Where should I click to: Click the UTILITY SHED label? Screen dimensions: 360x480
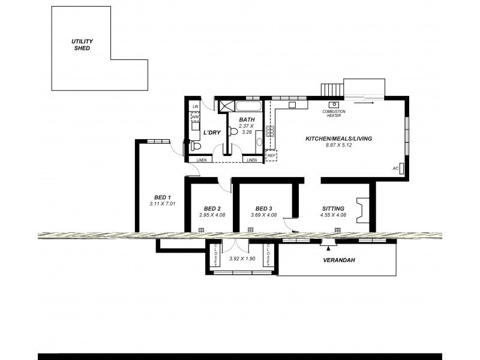pyautogui.click(x=82, y=44)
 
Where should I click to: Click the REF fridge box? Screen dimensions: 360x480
pyautogui.click(x=271, y=155)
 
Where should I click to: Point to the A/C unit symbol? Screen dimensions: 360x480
pyautogui.click(x=401, y=169)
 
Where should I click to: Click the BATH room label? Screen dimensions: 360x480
pyautogui.click(x=247, y=120)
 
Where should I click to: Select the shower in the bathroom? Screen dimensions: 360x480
pyautogui.click(x=226, y=106)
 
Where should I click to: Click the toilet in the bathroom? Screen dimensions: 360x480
pyautogui.click(x=233, y=131)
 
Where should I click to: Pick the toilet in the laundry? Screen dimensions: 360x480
pyautogui.click(x=196, y=146)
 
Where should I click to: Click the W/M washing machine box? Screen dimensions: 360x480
pyautogui.click(x=195, y=117)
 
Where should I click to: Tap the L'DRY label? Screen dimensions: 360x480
pyautogui.click(x=212, y=132)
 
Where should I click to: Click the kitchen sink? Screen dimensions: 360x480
pyautogui.click(x=293, y=105)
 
